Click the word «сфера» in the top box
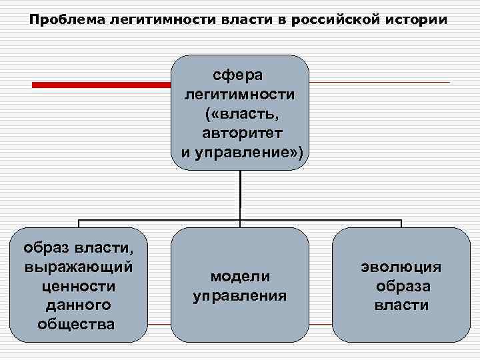pyautogui.click(x=240, y=71)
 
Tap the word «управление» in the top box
pyautogui.click(x=246, y=153)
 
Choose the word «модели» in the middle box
pyautogui.click(x=240, y=276)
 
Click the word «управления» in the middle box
pyautogui.click(x=240, y=295)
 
